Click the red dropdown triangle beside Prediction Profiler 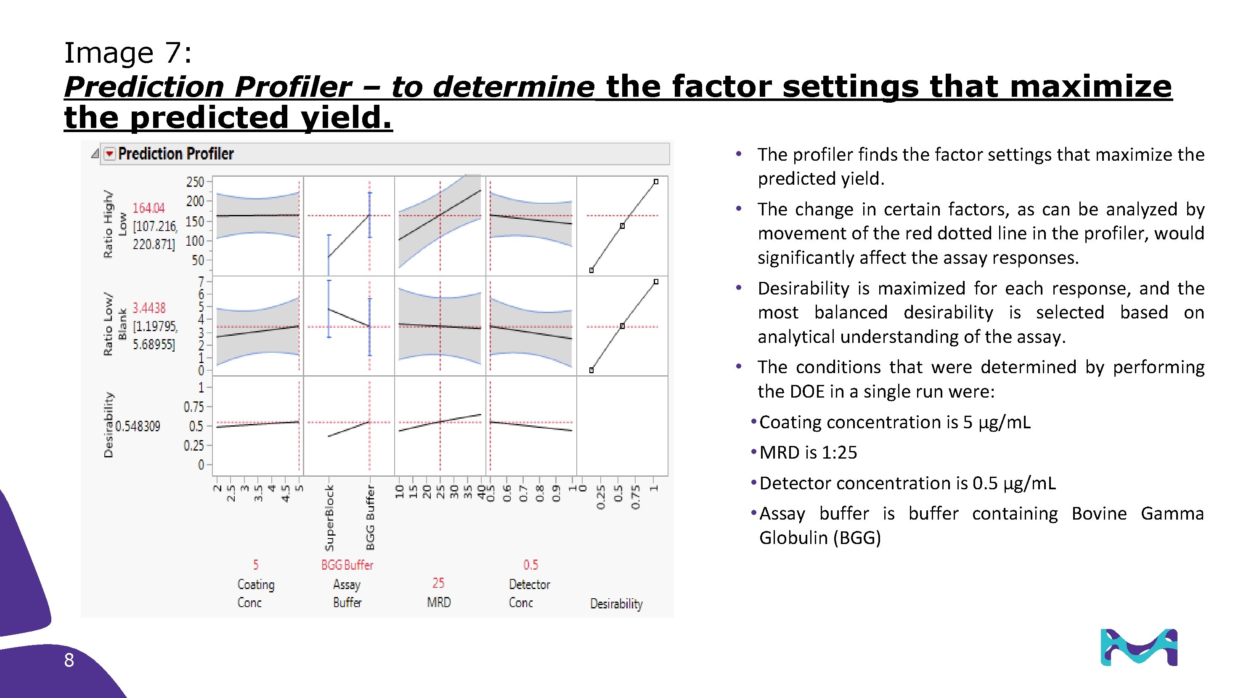[x=110, y=154]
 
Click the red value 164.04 [x=148, y=208]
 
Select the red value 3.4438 [x=149, y=308]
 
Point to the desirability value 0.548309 [x=138, y=426]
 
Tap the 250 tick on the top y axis [x=195, y=182]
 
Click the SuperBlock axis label [x=329, y=518]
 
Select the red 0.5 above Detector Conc [x=530, y=565]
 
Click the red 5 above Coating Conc [x=256, y=565]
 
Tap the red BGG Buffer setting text [x=347, y=565]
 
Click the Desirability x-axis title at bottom [x=616, y=604]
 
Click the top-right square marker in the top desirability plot [x=656, y=182]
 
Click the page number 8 [x=69, y=661]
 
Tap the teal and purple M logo [x=1139, y=648]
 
